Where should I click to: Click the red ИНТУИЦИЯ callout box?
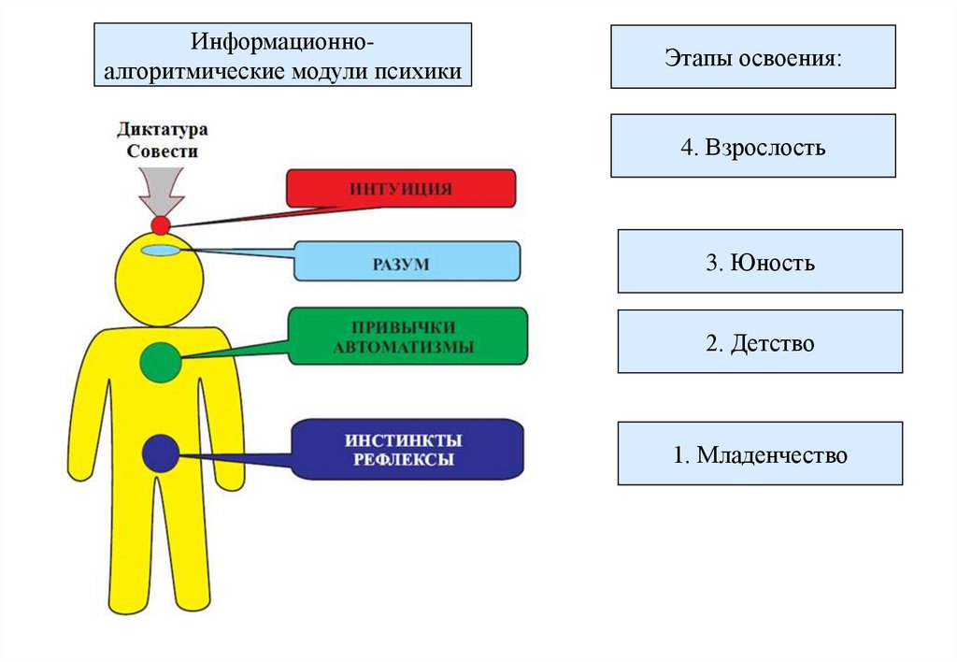point(401,188)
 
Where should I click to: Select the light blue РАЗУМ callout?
point(407,261)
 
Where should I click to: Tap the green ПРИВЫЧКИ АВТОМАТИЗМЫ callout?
point(407,337)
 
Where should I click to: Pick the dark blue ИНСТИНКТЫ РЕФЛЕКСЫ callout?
point(407,450)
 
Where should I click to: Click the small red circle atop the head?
point(161,224)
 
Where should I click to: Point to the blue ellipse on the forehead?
point(160,250)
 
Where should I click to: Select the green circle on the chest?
point(161,362)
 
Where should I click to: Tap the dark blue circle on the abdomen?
point(161,453)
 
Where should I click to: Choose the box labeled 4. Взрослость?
point(752,146)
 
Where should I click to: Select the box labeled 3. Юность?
point(760,262)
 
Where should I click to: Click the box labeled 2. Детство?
point(760,342)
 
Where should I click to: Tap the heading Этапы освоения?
point(752,57)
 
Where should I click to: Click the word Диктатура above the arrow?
point(162,129)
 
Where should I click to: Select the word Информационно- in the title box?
point(284,43)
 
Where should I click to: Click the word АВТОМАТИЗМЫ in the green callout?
point(407,347)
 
